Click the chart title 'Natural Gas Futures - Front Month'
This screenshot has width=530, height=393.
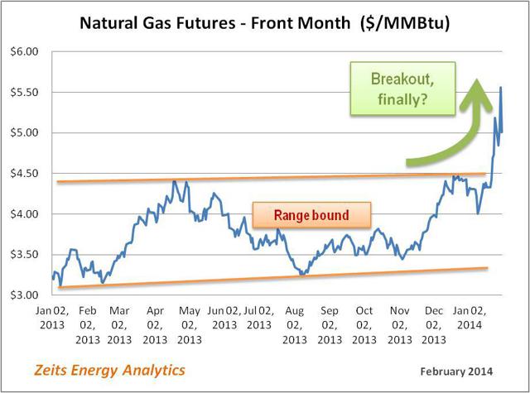coord(215,23)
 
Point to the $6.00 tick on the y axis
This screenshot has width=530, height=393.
coord(24,51)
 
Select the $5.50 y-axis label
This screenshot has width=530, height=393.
coord(24,92)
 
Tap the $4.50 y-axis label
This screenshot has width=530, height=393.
coord(24,173)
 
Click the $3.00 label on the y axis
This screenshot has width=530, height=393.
coord(24,295)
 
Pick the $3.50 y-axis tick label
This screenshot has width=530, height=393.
coord(24,254)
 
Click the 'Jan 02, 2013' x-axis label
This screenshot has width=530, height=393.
coord(52,318)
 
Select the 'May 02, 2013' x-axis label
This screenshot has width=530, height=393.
coord(190,325)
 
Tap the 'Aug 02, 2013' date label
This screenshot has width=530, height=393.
coord(295,325)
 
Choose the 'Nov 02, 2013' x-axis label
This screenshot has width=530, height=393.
coord(399,325)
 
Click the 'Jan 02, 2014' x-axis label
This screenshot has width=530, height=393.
coord(470,318)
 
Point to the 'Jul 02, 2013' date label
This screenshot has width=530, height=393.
coord(259,318)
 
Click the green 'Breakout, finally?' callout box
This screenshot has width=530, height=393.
coord(402,89)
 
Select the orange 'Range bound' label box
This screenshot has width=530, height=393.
coord(311,215)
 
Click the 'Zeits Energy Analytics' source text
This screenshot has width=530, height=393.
coord(109,371)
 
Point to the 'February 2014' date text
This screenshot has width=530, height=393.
coord(456,371)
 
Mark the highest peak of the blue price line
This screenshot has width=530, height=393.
coord(500,87)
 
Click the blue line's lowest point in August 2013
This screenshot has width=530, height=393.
coord(303,275)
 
